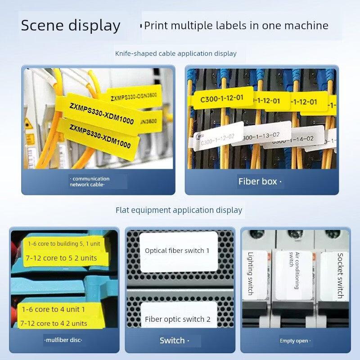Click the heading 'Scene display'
pyautogui.click(x=71, y=25)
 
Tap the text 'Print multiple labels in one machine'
pyautogui.click(x=236, y=26)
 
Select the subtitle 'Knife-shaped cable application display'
pyautogui.click(x=175, y=54)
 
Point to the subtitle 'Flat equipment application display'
pyautogui.click(x=179, y=210)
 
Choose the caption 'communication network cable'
pyautogui.click(x=90, y=181)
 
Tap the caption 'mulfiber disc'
pyautogui.click(x=63, y=340)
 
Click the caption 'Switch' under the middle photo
pyautogui.click(x=172, y=341)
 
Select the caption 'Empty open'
pyautogui.click(x=294, y=341)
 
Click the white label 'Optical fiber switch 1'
pyautogui.click(x=177, y=251)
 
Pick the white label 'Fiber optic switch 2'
pyautogui.click(x=178, y=319)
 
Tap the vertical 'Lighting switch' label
pyautogui.click(x=250, y=273)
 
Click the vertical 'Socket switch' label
pyautogui.click(x=340, y=275)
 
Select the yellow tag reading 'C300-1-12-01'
pyautogui.click(x=221, y=98)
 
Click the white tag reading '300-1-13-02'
pyautogui.click(x=261, y=135)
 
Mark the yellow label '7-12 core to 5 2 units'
pyautogui.click(x=61, y=258)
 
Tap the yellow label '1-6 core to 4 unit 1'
pyautogui.click(x=54, y=310)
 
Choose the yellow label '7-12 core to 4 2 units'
pyautogui.click(x=54, y=323)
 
